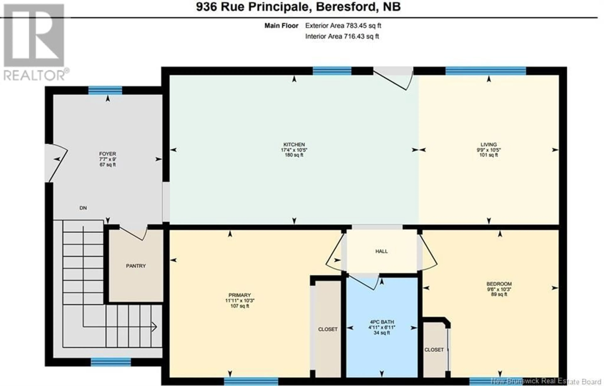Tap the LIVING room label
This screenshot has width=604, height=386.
click(489, 145)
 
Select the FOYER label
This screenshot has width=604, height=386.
click(108, 154)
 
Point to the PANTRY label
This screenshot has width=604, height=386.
click(136, 266)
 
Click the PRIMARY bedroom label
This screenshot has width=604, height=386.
click(240, 295)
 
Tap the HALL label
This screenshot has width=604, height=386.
click(382, 251)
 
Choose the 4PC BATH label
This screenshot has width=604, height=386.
click(382, 322)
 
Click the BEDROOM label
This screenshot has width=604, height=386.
click(499, 284)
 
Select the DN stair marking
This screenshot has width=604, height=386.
click(83, 208)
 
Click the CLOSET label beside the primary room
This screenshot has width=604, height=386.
click(328, 329)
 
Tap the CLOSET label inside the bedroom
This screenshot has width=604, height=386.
click(434, 350)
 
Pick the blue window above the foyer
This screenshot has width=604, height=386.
click(105, 90)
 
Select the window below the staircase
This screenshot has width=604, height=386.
click(111, 362)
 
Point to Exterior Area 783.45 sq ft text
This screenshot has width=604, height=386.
click(343, 26)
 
